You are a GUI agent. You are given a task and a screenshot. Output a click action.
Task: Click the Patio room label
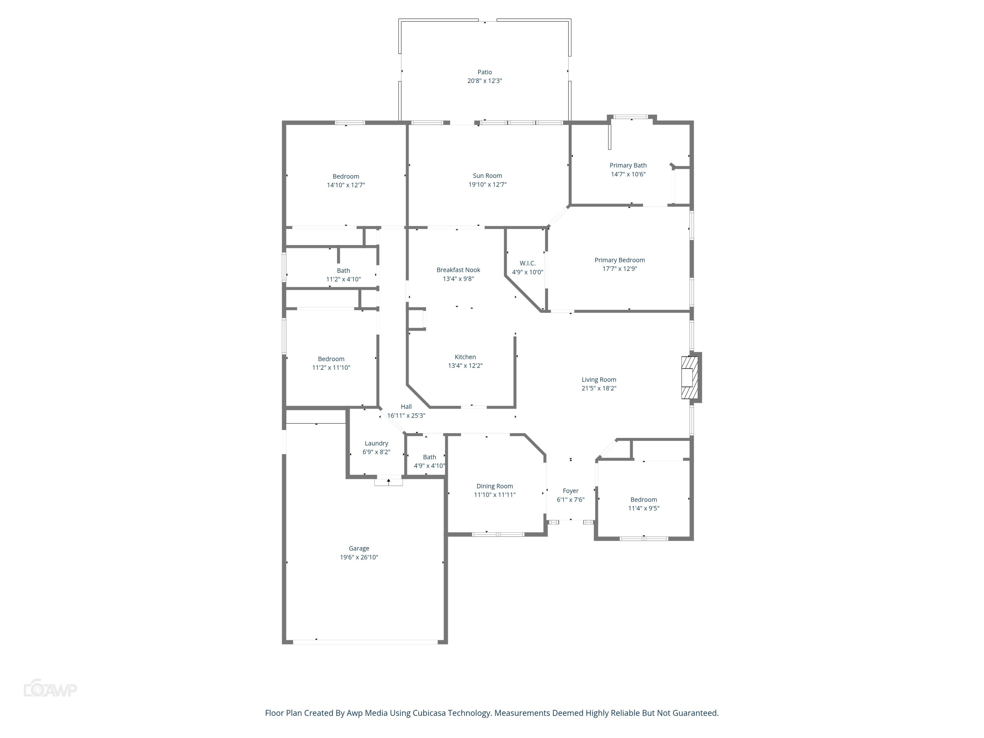484,72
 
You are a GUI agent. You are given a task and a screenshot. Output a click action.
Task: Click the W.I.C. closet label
527,263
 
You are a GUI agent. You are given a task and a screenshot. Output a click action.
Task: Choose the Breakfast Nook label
458,270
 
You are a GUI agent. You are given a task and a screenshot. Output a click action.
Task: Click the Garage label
359,548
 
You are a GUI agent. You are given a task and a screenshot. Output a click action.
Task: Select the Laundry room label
376,443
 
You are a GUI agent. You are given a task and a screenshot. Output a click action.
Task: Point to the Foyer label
570,491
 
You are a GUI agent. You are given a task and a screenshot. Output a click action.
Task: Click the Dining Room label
494,486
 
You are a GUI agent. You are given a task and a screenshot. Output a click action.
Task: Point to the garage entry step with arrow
388,481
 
